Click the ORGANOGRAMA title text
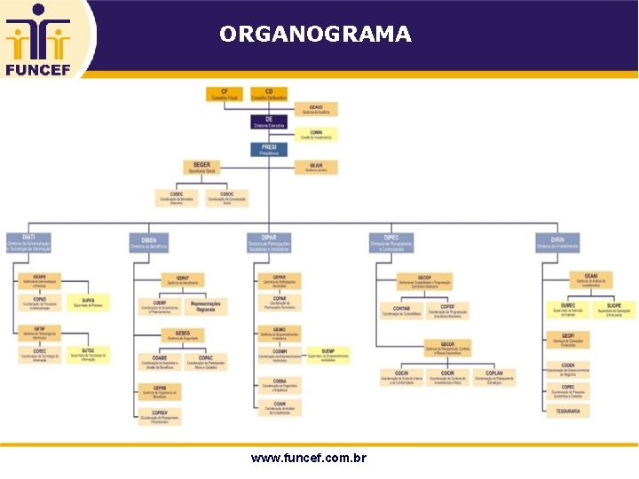(x=315, y=35)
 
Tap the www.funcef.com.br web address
(x=309, y=459)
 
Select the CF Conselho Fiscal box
(x=225, y=93)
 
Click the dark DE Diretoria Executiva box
(x=269, y=122)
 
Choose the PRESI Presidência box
(x=269, y=150)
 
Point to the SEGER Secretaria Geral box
(x=201, y=167)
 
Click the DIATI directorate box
(x=28, y=242)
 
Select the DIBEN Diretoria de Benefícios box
(x=148, y=242)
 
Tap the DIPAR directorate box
(x=269, y=242)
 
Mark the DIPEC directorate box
(x=391, y=242)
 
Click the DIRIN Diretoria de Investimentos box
(x=557, y=242)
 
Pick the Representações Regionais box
(x=206, y=306)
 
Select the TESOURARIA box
(x=569, y=412)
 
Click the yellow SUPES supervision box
(x=88, y=302)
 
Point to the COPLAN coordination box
(x=494, y=377)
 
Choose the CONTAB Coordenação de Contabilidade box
(x=401, y=310)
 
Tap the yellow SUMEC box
(x=569, y=310)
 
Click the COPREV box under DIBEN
(x=160, y=414)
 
